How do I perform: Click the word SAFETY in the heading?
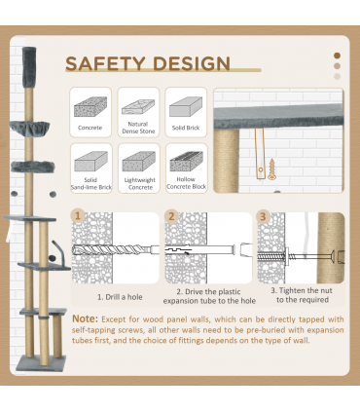coord(105,63)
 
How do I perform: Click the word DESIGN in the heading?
coord(192,63)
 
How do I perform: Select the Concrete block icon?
coord(90,107)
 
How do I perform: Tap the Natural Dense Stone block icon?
coord(138,107)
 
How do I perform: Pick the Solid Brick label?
coord(186,128)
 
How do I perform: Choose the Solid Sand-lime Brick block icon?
coord(90,162)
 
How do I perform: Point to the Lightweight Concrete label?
coord(140,183)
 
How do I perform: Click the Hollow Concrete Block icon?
coord(187,162)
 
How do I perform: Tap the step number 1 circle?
coord(78,215)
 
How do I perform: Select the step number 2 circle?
coord(171,216)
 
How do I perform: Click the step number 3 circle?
coord(263,216)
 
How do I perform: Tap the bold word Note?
coord(85,318)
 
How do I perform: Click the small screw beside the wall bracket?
coord(271,169)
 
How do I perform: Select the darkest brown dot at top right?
coord(338,56)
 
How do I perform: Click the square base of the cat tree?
coord(41,363)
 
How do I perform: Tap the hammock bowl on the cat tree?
coord(29,128)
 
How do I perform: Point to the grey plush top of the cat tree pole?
coord(29,67)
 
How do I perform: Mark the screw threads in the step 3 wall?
coord(271,256)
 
